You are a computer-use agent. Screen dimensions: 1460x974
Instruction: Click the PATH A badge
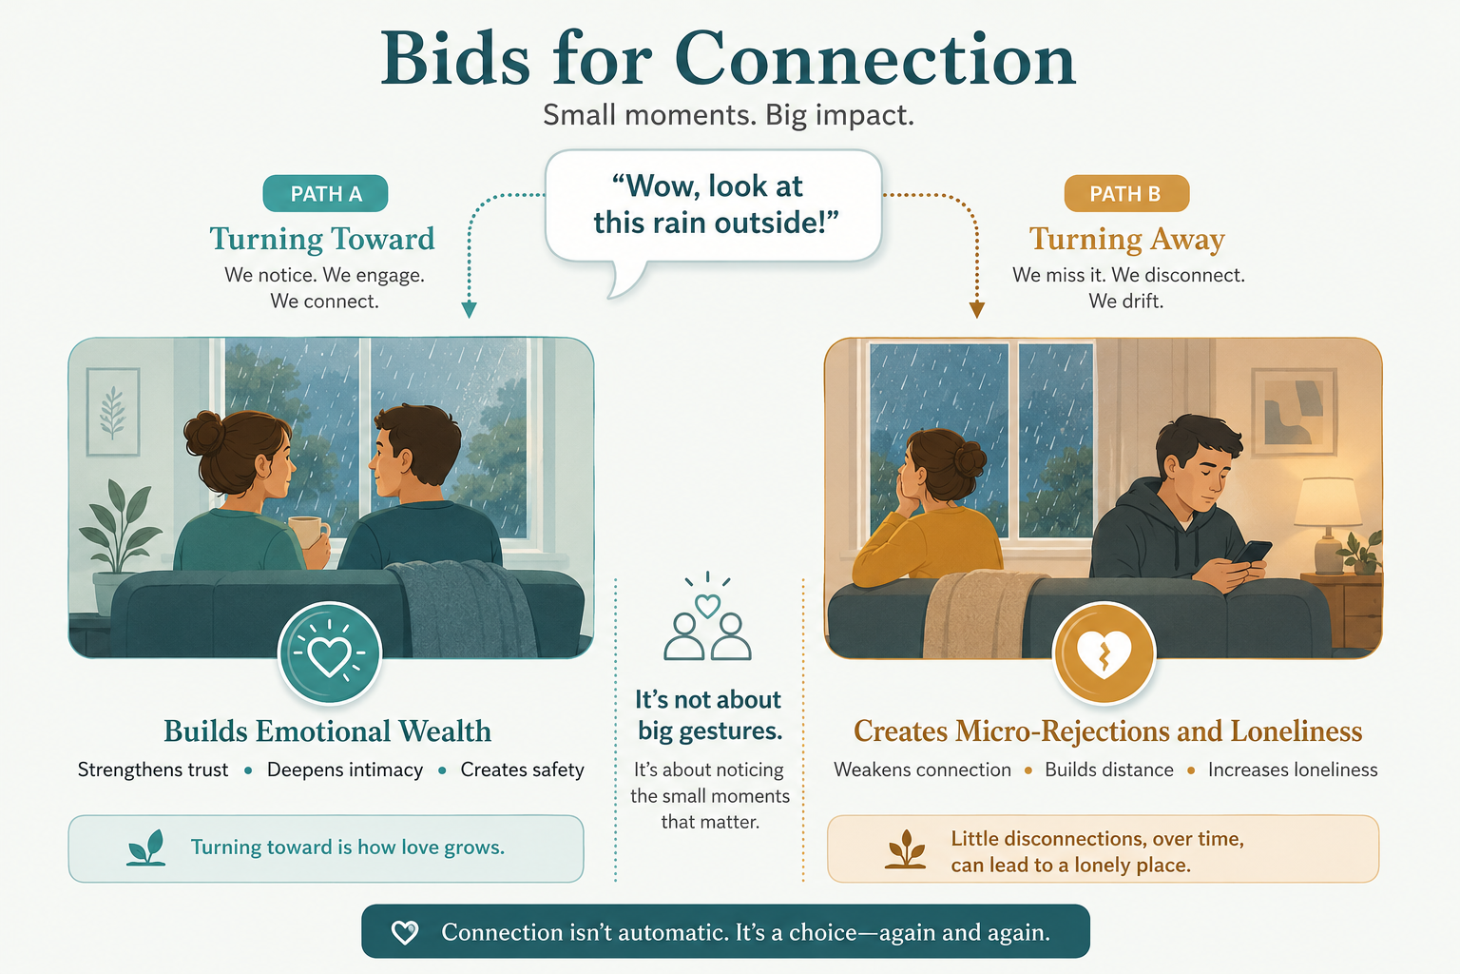click(325, 193)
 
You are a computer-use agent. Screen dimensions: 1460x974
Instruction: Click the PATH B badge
click(1126, 193)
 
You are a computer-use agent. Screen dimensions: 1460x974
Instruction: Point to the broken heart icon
click(1104, 653)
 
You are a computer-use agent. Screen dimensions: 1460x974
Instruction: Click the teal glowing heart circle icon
click(330, 653)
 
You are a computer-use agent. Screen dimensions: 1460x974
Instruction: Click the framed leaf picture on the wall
click(113, 412)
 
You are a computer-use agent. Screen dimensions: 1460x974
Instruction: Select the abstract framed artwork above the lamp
click(1295, 412)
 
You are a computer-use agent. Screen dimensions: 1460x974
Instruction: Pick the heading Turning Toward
click(322, 239)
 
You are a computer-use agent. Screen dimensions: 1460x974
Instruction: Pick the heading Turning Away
click(1127, 239)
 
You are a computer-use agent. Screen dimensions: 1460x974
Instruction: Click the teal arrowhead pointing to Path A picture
click(469, 310)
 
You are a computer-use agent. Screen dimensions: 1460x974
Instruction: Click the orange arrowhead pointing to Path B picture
click(976, 310)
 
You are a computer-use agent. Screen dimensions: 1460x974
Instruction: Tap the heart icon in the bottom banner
click(405, 932)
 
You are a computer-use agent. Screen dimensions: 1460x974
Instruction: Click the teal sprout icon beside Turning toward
click(146, 847)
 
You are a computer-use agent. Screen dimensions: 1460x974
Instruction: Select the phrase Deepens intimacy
click(345, 769)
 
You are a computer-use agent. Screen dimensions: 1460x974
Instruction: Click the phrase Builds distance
click(1108, 769)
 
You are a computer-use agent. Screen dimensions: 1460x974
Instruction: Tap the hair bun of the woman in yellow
click(970, 460)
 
